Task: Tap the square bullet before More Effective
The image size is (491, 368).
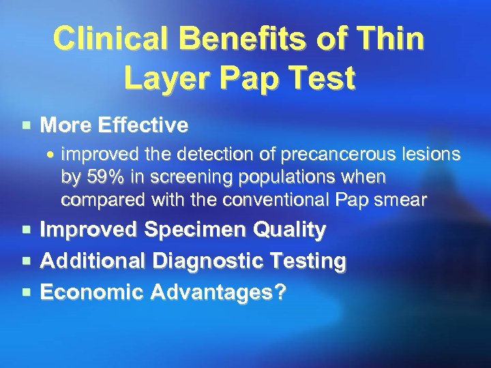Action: (26, 125)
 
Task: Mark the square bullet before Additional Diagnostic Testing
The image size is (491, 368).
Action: (26, 261)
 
